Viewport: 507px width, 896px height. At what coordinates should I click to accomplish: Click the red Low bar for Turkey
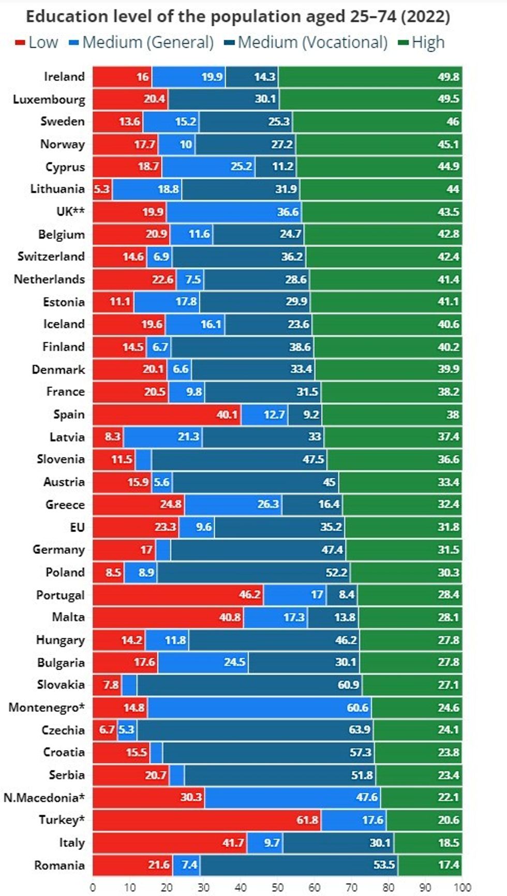click(x=206, y=820)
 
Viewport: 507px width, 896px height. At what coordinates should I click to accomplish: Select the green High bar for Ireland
click(x=370, y=77)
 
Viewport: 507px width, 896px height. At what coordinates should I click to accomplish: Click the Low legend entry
click(x=37, y=42)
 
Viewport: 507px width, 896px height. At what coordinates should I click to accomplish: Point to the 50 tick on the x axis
click(x=278, y=887)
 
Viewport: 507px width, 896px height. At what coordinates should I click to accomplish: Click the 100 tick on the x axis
click(x=463, y=887)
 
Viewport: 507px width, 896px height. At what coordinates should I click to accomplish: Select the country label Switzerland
click(x=51, y=256)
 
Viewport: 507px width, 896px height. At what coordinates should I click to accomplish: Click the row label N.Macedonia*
click(x=44, y=797)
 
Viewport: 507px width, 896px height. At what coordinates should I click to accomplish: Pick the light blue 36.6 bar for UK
click(x=234, y=211)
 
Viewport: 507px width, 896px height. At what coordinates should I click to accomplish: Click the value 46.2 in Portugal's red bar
click(x=250, y=595)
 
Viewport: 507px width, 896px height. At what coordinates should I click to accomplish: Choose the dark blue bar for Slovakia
click(x=249, y=685)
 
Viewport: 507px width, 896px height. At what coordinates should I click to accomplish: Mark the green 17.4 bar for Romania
click(x=430, y=865)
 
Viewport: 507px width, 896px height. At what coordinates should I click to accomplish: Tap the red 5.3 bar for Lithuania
click(x=102, y=189)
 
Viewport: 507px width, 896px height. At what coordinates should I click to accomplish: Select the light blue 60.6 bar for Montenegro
click(x=259, y=707)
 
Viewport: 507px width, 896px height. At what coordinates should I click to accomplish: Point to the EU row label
click(x=77, y=527)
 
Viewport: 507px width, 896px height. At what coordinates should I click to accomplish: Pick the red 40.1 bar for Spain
click(x=167, y=415)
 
